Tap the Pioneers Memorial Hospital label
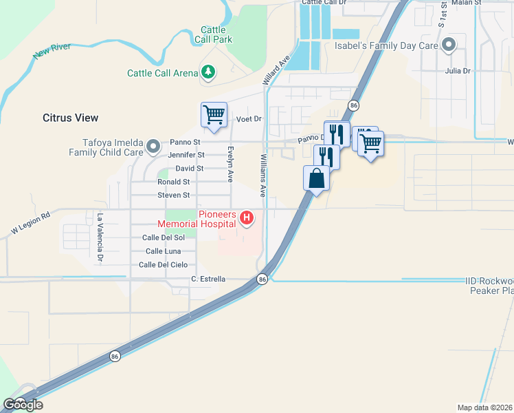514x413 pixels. [197, 219]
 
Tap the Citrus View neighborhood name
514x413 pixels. [70, 118]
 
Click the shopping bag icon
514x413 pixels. [316, 178]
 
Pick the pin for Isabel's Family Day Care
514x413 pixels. [449, 45]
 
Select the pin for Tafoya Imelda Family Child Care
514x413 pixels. [154, 146]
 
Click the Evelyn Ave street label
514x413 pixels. [230, 163]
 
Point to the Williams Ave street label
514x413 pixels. [262, 175]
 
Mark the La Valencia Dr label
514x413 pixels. [100, 237]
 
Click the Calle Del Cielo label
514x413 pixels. [163, 265]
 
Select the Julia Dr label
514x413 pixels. [457, 71]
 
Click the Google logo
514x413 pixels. [23, 405]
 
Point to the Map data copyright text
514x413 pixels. [484, 407]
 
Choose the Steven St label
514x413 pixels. [173, 195]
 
